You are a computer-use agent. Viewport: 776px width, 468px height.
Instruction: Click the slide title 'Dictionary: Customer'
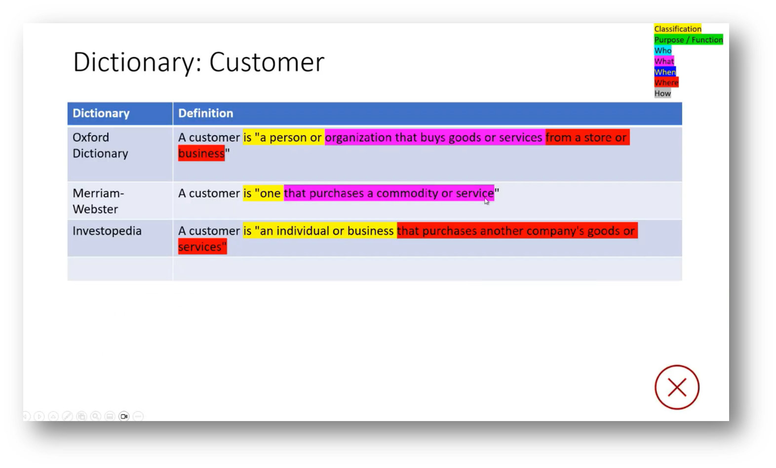(x=198, y=62)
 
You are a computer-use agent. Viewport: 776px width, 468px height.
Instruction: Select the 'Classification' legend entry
(x=677, y=29)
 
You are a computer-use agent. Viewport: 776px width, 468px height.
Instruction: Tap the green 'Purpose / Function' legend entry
(x=688, y=40)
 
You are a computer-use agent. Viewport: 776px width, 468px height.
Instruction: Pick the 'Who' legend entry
(x=662, y=50)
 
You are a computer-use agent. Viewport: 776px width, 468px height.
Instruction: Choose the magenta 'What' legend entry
(x=663, y=61)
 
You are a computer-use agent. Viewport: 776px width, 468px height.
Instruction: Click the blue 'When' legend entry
(x=664, y=72)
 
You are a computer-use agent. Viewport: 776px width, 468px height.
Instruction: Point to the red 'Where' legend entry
(x=666, y=83)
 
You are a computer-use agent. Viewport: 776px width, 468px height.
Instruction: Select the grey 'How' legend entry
(x=662, y=93)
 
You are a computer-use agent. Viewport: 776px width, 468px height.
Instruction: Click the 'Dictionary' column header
(x=101, y=113)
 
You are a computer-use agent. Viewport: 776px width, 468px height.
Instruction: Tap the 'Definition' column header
(x=205, y=113)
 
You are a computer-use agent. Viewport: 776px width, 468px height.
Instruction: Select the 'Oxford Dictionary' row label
(x=100, y=145)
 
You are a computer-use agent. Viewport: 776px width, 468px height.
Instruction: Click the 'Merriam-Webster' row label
(x=98, y=201)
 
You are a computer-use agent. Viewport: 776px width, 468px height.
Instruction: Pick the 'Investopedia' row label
(x=107, y=231)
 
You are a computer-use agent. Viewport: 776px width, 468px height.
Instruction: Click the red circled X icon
(x=677, y=387)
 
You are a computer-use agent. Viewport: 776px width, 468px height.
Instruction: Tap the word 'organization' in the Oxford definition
(x=358, y=137)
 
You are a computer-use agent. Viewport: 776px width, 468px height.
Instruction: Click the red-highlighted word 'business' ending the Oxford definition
(x=201, y=153)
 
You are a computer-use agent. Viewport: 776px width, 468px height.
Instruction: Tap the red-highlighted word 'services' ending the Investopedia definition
(x=201, y=247)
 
